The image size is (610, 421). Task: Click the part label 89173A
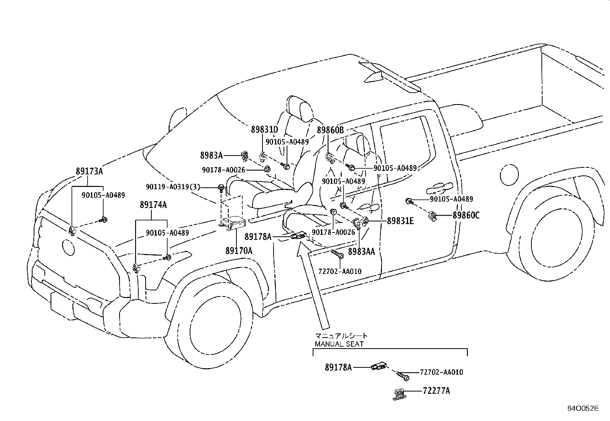(89, 171)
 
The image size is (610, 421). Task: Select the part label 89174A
(153, 205)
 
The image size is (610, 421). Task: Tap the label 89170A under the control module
(239, 251)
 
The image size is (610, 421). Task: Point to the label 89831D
(264, 129)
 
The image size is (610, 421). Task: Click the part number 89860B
(330, 130)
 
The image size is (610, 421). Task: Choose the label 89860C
(466, 215)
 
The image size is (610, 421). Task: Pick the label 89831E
(400, 221)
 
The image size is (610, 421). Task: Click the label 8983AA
(361, 252)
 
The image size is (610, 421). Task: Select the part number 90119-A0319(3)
(173, 187)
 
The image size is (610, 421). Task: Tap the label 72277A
(436, 391)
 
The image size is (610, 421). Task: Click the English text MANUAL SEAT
(339, 344)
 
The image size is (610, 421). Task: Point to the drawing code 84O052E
(583, 408)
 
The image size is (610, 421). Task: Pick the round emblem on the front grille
(68, 247)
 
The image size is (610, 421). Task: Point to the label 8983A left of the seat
(212, 156)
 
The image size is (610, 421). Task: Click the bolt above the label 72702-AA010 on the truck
(337, 254)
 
